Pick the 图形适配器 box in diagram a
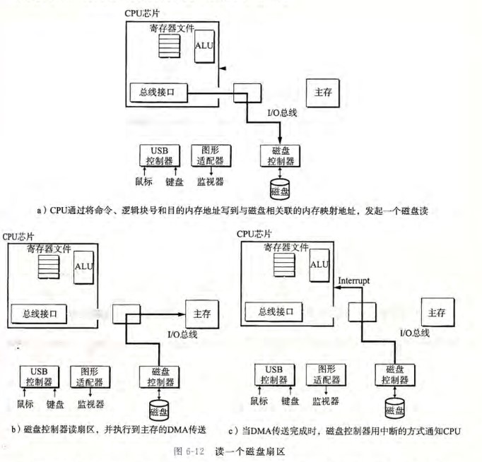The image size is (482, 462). [x=206, y=155]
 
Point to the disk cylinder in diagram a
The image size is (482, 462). [x=281, y=188]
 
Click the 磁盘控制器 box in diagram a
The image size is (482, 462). [x=280, y=155]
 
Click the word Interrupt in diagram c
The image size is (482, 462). [x=353, y=280]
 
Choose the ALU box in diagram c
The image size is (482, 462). [x=319, y=265]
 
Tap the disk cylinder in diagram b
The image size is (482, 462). [x=158, y=408]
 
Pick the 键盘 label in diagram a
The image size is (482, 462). [x=174, y=182]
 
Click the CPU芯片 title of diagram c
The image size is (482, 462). [x=254, y=234]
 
